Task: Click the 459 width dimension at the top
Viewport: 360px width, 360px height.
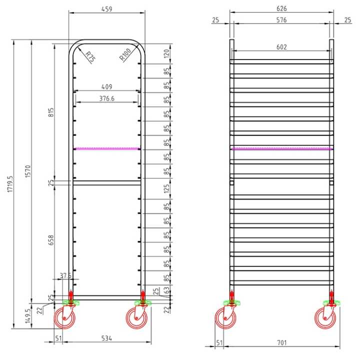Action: (106, 9)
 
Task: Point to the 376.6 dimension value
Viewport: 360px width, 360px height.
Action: (106, 98)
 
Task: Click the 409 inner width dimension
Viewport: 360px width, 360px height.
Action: (106, 86)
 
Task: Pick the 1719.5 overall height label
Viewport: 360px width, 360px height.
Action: (10, 185)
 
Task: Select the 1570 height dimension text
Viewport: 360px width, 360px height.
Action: (28, 173)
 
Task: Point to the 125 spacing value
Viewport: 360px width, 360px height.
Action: (167, 188)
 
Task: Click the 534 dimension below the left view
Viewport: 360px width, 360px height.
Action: (106, 338)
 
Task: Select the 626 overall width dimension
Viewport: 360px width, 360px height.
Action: (281, 9)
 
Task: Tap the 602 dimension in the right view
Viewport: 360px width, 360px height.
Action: (281, 46)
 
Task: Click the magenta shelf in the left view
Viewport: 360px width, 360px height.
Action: (107, 148)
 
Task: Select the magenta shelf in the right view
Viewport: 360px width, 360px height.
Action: (281, 148)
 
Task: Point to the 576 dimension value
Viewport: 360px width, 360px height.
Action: (281, 20)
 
